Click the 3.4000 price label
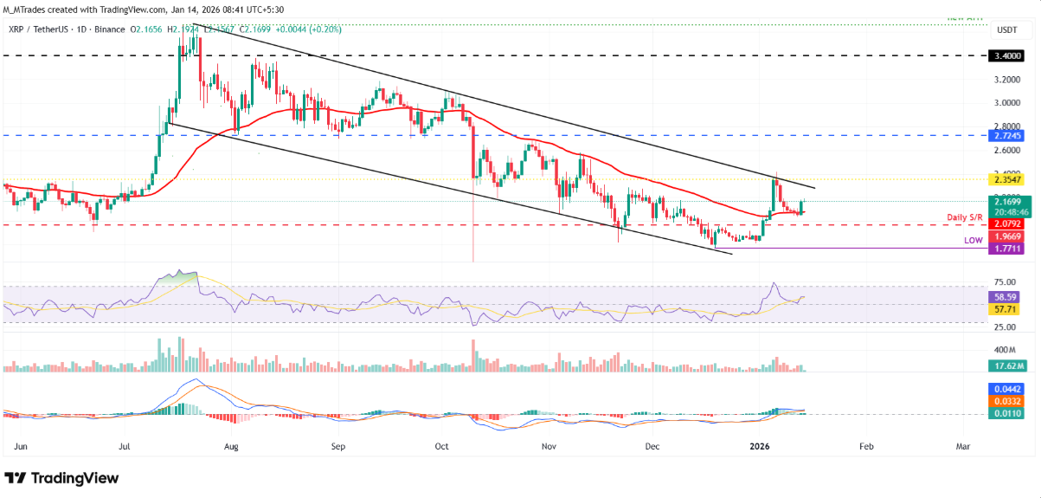tap(1006, 55)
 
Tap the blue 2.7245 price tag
tap(1006, 136)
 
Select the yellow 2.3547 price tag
tap(1006, 179)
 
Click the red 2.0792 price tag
tap(1006, 224)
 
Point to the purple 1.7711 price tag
tap(1006, 248)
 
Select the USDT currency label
tap(1006, 29)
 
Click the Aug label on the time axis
tap(231, 447)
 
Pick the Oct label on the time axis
tap(441, 447)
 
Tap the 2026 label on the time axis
tap(759, 447)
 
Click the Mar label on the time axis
tap(962, 447)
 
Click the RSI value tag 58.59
tap(1006, 296)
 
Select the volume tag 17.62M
tap(1006, 365)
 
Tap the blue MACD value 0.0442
tap(1006, 390)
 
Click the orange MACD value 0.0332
tap(1006, 402)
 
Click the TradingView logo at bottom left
tap(61, 478)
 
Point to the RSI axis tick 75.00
tap(1005, 282)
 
